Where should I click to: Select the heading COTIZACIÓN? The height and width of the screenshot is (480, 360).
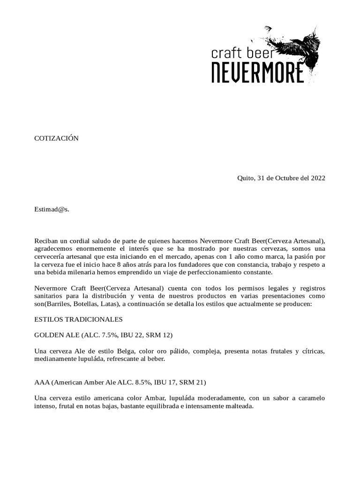pyautogui.click(x=57, y=138)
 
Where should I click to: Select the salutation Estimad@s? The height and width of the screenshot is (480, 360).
pyautogui.click(x=52, y=209)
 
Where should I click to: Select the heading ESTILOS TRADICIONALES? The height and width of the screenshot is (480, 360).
pyautogui.click(x=79, y=320)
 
